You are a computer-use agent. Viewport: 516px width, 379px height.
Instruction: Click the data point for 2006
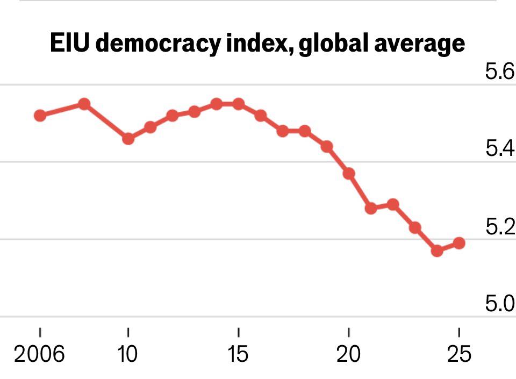[40, 116]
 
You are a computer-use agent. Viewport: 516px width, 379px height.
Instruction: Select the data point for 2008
[84, 104]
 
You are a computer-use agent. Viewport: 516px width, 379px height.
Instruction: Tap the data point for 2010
[128, 139]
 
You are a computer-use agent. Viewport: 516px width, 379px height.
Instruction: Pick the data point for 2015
[239, 104]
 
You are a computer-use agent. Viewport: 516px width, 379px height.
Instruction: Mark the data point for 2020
[349, 174]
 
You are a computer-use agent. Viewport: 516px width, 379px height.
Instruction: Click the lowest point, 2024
[437, 251]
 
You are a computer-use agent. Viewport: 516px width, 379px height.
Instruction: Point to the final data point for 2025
[459, 243]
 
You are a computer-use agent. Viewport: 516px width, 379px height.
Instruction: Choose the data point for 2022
[393, 204]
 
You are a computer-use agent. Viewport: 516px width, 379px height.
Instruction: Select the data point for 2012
[172, 116]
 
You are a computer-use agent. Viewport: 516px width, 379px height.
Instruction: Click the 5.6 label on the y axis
[500, 71]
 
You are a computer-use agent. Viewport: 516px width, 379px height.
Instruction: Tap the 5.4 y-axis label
[500, 149]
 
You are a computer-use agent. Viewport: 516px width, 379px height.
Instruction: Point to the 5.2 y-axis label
[500, 227]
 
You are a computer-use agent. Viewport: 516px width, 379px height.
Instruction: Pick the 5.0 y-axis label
[500, 304]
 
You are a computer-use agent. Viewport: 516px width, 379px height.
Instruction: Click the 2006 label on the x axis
[40, 355]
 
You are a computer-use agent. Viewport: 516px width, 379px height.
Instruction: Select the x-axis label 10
[128, 355]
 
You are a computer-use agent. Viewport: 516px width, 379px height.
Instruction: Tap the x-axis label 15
[239, 355]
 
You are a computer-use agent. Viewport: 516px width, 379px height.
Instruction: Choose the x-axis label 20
[349, 355]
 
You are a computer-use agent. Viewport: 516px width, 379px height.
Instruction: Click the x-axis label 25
[459, 355]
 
